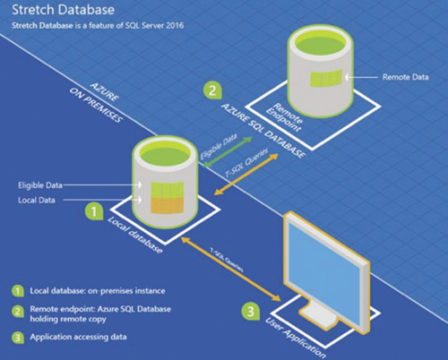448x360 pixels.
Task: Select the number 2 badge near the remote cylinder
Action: point(211,90)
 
